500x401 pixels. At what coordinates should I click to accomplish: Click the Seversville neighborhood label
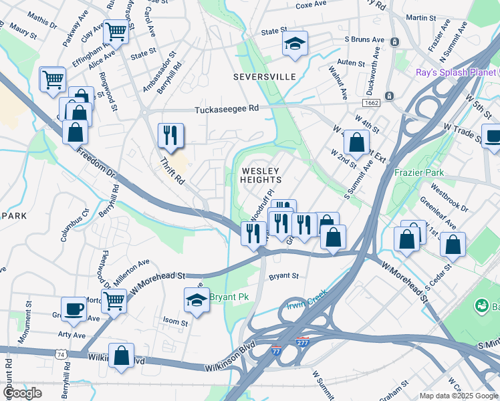click(x=264, y=77)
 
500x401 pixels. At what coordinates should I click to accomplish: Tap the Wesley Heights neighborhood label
click(x=261, y=175)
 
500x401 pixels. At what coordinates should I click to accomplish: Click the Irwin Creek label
click(x=306, y=304)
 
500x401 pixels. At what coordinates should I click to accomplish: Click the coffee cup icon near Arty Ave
click(x=74, y=309)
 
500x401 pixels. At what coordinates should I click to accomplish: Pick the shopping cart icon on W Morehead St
click(x=114, y=301)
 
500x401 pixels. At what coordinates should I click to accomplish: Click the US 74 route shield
click(x=61, y=352)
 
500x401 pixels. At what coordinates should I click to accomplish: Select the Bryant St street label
click(x=283, y=275)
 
